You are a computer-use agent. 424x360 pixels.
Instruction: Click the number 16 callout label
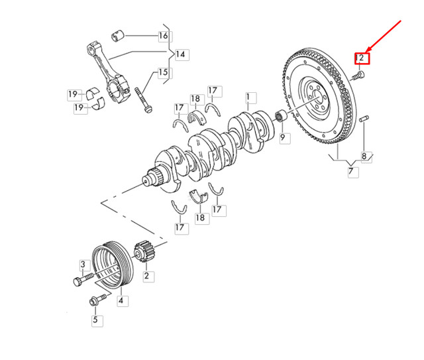(164, 36)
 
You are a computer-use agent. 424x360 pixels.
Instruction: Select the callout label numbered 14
(180, 54)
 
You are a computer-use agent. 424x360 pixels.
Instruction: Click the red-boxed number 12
(361, 58)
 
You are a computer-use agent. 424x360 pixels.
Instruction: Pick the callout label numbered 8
(364, 157)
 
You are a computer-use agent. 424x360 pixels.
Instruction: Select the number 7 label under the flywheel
(352, 172)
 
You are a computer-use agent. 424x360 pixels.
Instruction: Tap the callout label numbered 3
(83, 265)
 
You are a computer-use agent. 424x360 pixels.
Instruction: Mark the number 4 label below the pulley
(122, 301)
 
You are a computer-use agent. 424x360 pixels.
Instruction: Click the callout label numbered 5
(94, 320)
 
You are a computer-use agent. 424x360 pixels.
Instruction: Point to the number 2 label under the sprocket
(146, 275)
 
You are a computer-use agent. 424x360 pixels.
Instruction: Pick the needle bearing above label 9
(281, 119)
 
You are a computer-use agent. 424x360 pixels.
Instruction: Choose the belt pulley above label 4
(110, 265)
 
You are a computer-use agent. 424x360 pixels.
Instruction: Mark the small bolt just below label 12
(358, 77)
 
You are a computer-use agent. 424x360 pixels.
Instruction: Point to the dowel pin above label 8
(364, 119)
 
